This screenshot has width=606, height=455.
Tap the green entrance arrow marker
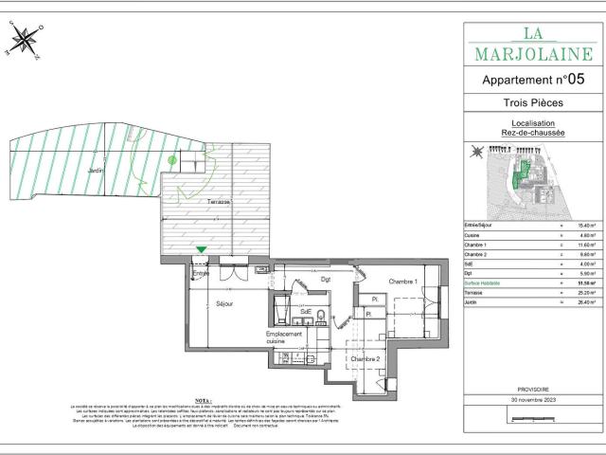coord(201,250)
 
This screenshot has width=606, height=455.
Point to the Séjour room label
coord(224,303)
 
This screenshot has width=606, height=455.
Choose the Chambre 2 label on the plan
coord(365,359)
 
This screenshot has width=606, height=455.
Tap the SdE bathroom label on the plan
coord(306,312)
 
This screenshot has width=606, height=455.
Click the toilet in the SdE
coord(321,316)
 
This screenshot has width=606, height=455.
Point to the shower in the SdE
coord(282,311)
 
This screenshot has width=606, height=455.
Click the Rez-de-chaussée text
coord(532,133)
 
